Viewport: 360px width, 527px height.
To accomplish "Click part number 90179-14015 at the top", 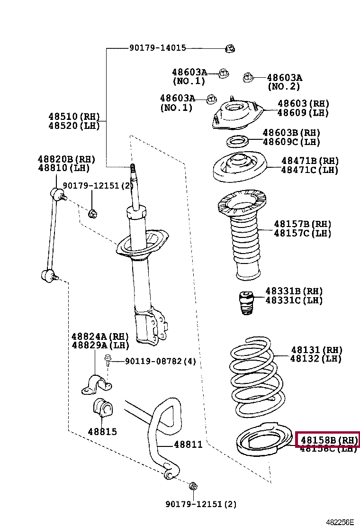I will click(x=157, y=48).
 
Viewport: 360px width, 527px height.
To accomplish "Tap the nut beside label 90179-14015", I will click(x=230, y=48).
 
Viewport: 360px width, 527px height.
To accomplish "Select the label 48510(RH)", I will click(x=74, y=117).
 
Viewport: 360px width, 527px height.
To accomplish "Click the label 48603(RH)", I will click(x=303, y=104).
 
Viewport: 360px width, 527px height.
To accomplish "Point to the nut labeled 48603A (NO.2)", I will click(x=248, y=78).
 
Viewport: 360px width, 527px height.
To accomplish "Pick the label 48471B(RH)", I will click(x=310, y=161).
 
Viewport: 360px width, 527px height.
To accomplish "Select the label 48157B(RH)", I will click(x=302, y=224).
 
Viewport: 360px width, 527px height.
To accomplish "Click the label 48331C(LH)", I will click(x=294, y=300).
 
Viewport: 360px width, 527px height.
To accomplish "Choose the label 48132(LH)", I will click(x=316, y=359).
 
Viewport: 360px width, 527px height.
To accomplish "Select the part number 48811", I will click(x=188, y=445).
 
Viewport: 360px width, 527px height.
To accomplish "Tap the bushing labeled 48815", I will click(x=102, y=409).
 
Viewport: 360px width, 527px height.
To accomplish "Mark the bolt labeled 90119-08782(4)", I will click(x=108, y=362).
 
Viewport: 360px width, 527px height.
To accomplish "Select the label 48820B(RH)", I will click(x=67, y=159).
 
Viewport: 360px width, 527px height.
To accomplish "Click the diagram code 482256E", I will click(x=340, y=522).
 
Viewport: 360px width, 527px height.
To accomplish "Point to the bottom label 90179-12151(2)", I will click(x=201, y=504).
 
